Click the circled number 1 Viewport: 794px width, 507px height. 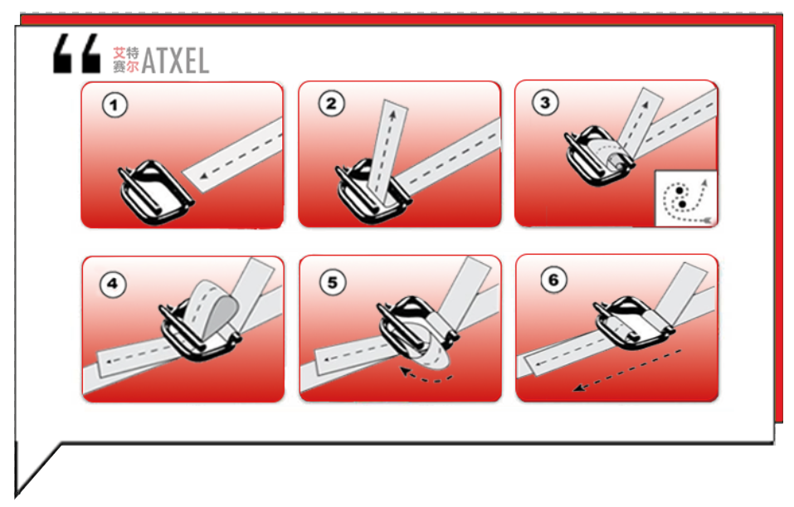click(114, 105)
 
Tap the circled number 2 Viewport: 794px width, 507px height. click(331, 104)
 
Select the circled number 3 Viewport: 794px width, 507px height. click(545, 102)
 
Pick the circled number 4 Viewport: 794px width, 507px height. click(112, 284)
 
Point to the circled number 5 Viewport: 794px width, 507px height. click(333, 282)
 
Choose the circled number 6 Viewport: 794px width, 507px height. click(553, 280)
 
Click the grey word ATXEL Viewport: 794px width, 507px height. click(175, 61)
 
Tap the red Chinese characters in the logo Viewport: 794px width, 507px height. click(125, 60)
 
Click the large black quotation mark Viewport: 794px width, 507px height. click(77, 53)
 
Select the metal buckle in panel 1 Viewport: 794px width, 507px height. click(154, 193)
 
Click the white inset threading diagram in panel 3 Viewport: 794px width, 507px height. click(686, 197)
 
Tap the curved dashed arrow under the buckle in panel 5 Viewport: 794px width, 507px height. click(426, 377)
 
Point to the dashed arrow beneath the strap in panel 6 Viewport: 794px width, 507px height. click(628, 370)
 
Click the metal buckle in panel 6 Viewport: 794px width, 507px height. click(634, 324)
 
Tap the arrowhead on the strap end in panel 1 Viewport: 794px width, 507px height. click(203, 176)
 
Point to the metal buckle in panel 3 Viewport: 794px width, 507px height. click(597, 157)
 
